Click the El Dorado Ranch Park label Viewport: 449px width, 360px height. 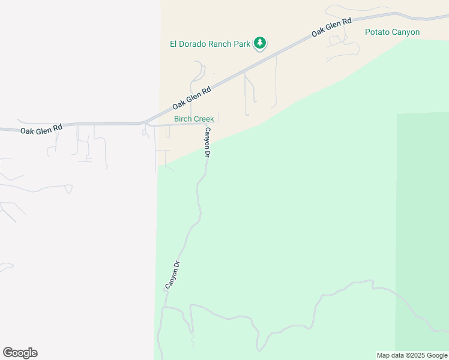[x=210, y=44]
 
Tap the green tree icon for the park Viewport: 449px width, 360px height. [x=260, y=43]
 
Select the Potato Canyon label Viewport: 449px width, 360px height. [x=392, y=32]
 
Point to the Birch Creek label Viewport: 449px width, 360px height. [x=194, y=119]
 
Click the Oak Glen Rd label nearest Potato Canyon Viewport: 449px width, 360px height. [x=331, y=28]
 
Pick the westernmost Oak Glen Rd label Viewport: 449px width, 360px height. [x=41, y=129]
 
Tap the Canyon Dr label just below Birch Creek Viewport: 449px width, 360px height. [x=208, y=142]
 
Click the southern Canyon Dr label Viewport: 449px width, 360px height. [x=172, y=275]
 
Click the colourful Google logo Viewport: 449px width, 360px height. [x=20, y=353]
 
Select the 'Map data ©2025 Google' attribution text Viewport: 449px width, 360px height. [x=412, y=355]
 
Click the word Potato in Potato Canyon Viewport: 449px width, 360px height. [x=377, y=32]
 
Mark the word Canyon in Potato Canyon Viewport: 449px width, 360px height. [x=405, y=32]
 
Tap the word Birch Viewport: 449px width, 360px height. [x=182, y=119]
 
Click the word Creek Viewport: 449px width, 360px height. [x=203, y=119]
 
